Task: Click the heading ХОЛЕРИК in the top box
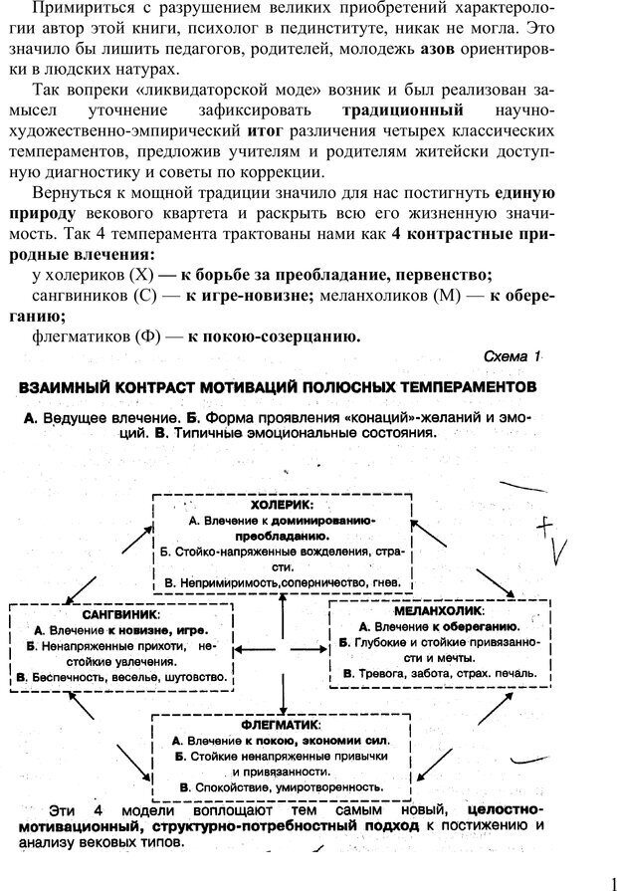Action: pyautogui.click(x=282, y=504)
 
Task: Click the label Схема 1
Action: pyautogui.click(x=512, y=355)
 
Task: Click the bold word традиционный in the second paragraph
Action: pyautogui.click(x=402, y=110)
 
